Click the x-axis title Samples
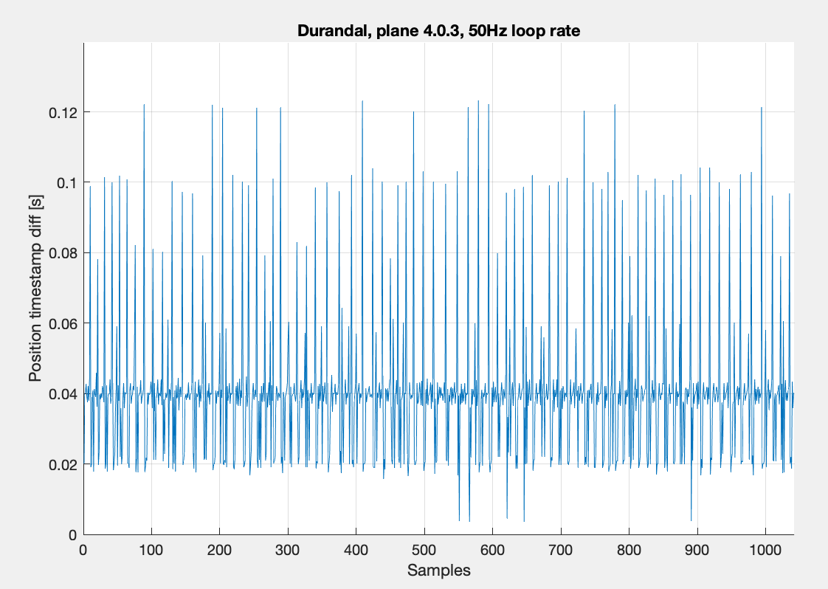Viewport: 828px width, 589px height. [438, 570]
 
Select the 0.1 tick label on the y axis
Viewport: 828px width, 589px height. [66, 182]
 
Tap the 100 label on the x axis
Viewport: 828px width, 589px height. [151, 550]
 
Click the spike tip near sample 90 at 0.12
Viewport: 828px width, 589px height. [144, 104]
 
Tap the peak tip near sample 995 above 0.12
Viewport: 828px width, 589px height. [761, 107]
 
